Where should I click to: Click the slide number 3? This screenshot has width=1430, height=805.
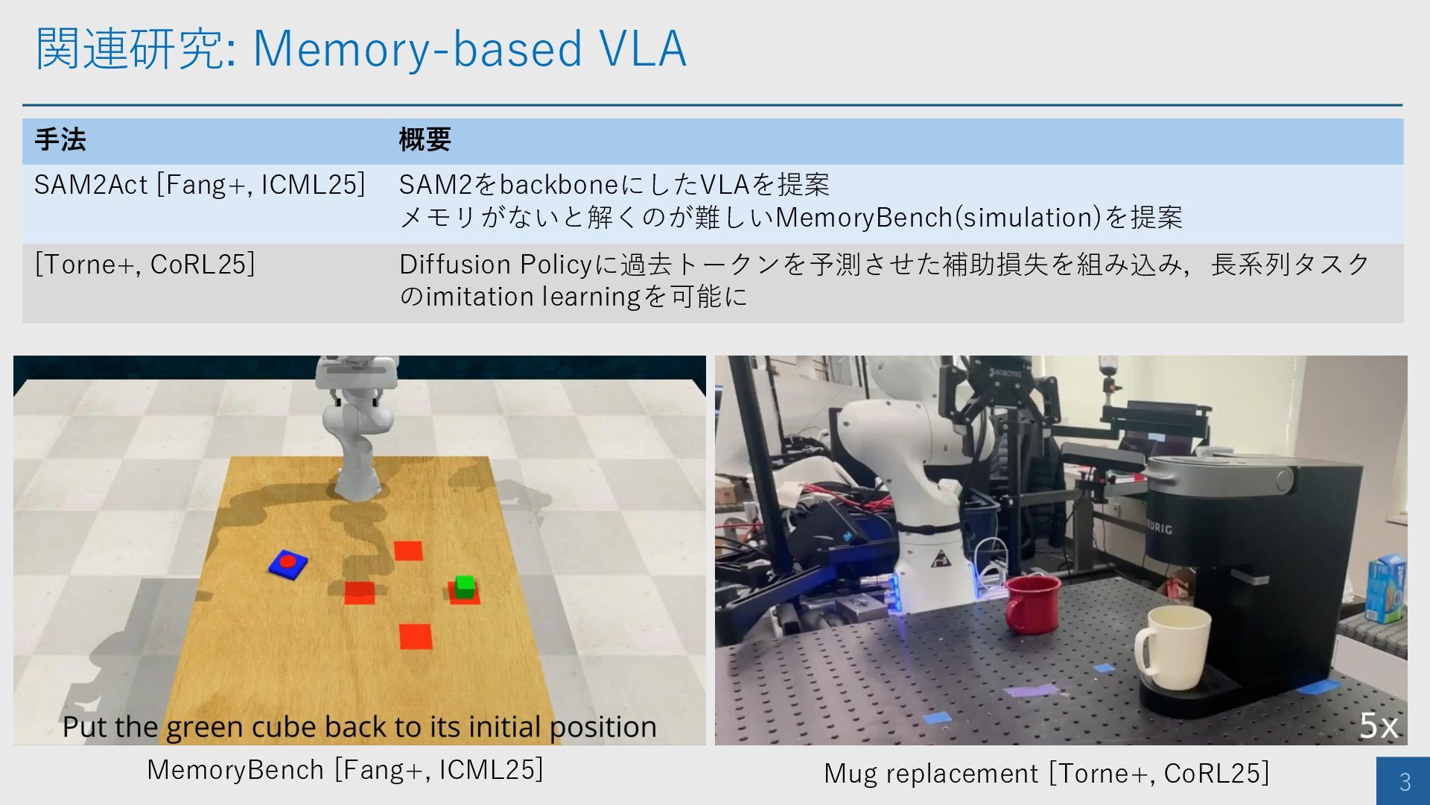click(1405, 781)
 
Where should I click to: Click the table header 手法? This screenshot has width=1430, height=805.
click(60, 140)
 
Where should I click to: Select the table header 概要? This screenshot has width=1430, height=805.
click(425, 140)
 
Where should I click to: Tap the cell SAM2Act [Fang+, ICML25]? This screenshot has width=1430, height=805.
click(200, 185)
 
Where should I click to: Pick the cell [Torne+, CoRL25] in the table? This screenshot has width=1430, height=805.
click(144, 265)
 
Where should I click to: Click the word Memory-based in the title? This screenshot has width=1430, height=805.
click(417, 49)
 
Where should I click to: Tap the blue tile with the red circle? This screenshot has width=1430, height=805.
click(288, 563)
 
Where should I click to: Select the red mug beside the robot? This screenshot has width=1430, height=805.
click(1032, 602)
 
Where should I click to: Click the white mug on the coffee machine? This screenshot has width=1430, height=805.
click(1171, 647)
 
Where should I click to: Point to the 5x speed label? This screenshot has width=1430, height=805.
click(1379, 725)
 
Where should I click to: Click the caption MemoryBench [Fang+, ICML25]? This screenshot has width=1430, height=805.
click(345, 770)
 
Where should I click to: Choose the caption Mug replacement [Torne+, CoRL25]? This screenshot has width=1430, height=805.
click(1046, 774)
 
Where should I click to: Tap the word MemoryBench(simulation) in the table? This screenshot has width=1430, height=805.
click(938, 218)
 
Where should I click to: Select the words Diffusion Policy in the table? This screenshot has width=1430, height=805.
click(495, 265)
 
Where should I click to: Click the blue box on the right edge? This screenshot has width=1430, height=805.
click(1385, 588)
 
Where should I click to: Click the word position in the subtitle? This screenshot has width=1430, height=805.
click(603, 727)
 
